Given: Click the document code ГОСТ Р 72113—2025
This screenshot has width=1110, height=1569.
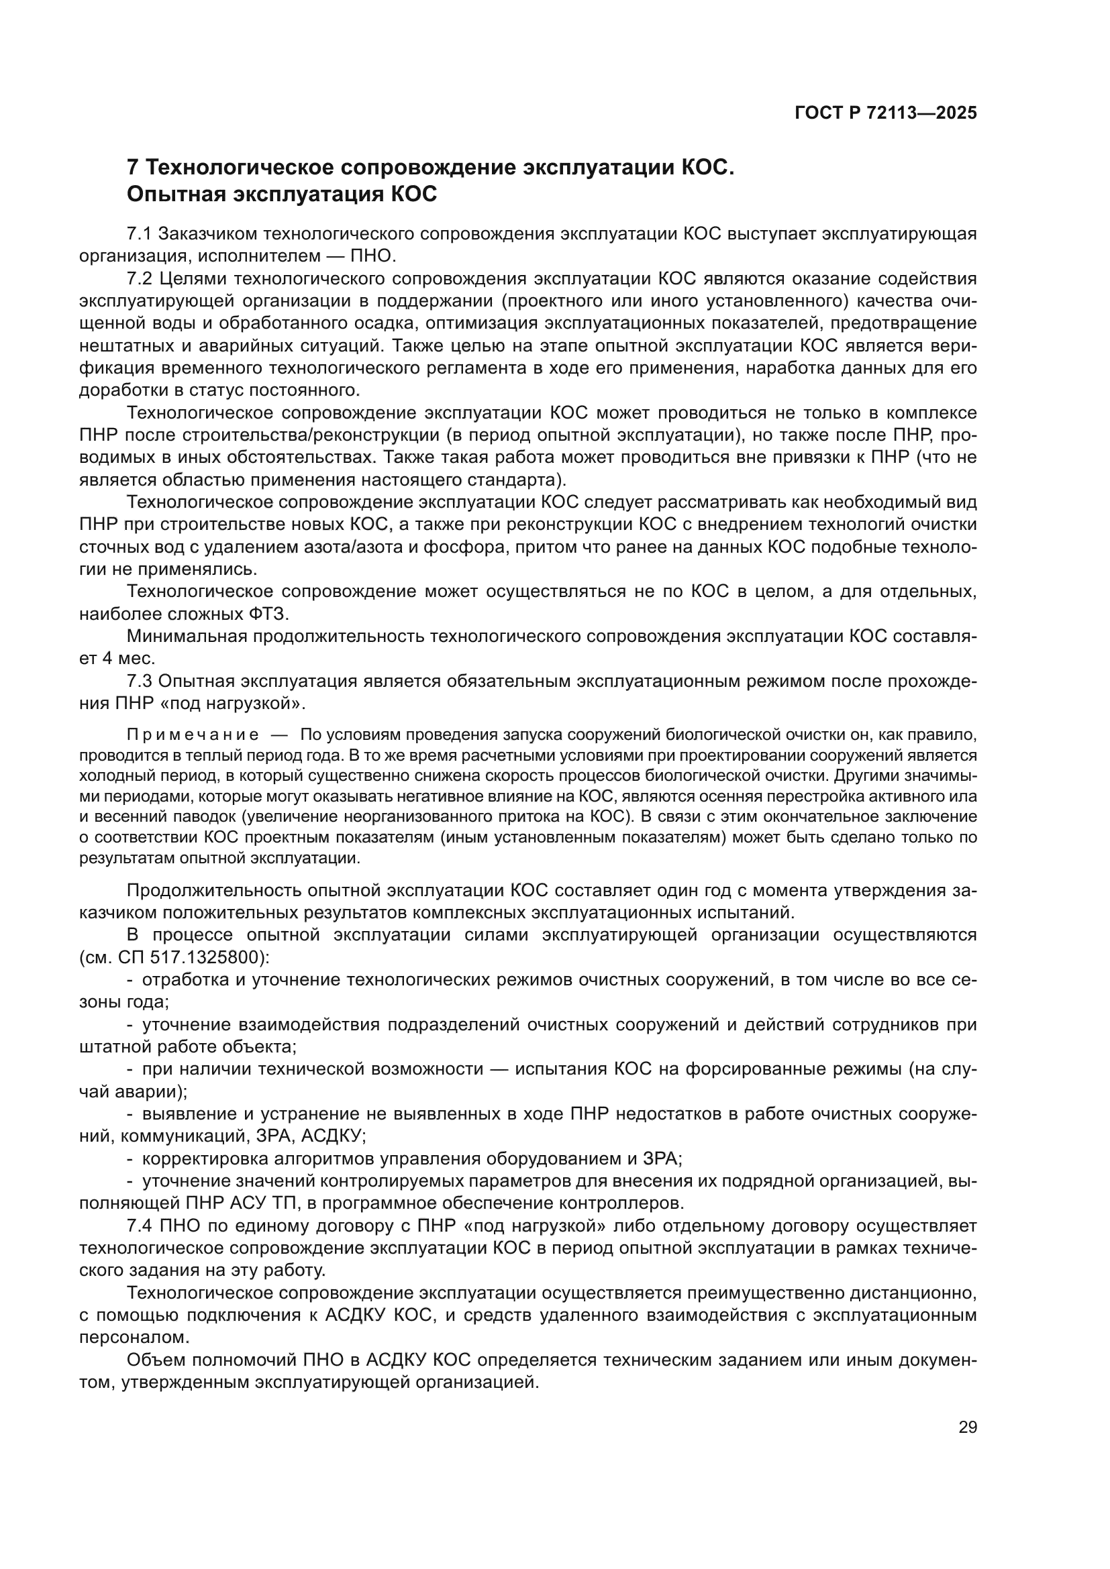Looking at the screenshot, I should (x=886, y=113).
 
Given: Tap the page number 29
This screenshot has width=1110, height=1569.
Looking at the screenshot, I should (x=968, y=1427).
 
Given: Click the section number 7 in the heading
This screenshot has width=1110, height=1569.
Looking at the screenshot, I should (x=134, y=168).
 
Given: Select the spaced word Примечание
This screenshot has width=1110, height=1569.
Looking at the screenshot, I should (x=193, y=735).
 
